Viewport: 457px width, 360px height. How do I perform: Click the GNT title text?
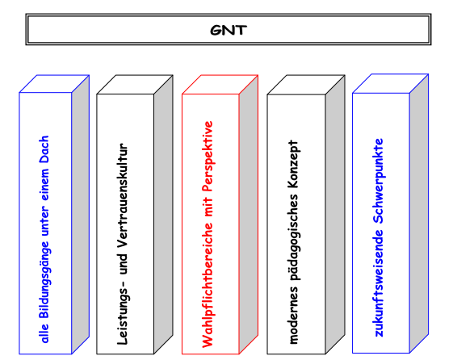point(228,30)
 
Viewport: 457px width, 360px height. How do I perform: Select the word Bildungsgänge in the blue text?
point(44,280)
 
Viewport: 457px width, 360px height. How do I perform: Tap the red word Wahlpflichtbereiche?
point(208,285)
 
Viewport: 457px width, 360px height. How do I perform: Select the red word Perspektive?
point(208,156)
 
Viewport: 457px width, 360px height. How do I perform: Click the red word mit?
point(208,207)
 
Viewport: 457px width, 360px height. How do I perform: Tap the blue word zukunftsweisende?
point(379,283)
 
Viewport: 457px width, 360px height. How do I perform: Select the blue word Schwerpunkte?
point(379,181)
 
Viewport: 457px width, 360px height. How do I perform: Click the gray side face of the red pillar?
point(249,215)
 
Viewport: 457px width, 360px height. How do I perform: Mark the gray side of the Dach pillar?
point(81,215)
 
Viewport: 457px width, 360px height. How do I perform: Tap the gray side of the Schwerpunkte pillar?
point(419,213)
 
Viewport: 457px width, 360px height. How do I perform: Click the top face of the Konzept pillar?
point(306,85)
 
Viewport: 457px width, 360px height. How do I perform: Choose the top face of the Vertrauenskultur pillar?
point(135,85)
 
